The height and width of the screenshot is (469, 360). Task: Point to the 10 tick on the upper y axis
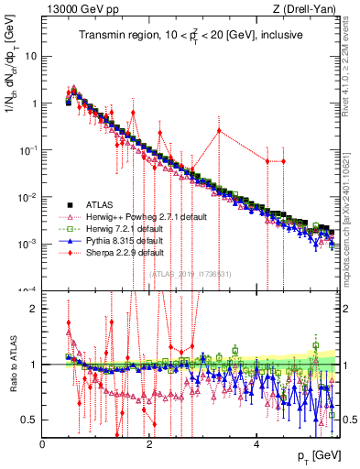pos(31,56)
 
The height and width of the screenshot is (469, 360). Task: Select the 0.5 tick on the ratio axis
pos(29,420)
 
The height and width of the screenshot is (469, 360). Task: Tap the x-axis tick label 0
pos(43,444)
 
